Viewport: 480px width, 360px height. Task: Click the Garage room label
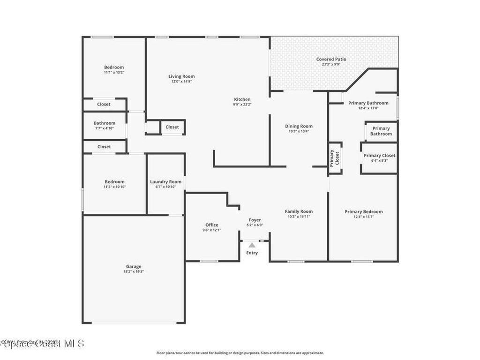133,266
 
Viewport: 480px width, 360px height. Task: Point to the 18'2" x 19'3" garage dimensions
133,271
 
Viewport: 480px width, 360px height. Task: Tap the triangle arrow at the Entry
252,245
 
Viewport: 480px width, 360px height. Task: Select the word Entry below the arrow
252,253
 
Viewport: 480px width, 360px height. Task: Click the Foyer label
255,220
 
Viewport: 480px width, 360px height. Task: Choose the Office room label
211,225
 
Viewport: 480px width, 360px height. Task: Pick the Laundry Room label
165,182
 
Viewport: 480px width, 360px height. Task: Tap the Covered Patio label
331,59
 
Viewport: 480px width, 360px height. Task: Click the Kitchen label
242,99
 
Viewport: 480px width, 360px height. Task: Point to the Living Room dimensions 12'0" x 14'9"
181,82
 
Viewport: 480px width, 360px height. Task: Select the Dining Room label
299,126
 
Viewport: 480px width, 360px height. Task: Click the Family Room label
299,211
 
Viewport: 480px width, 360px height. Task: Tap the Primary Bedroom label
363,211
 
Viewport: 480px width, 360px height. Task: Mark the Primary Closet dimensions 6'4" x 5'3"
379,161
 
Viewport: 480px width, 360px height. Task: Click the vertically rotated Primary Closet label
334,158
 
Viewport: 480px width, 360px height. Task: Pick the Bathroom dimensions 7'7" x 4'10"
104,128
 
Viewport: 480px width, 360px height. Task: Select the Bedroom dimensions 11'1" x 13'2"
114,73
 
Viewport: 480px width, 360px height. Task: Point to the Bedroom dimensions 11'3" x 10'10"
114,187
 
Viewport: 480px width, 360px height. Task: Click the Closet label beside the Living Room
172,127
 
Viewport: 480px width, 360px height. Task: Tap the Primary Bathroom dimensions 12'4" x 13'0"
368,108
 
